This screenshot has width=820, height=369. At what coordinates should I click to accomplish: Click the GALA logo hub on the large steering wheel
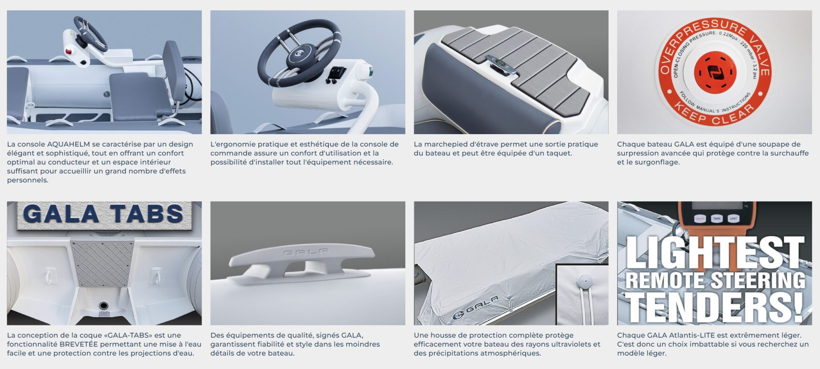(298, 56)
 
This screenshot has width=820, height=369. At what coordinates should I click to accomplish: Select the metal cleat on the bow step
(501, 64)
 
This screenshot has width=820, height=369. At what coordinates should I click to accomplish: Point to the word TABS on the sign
(146, 214)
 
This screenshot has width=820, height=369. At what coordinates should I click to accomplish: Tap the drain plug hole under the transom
(103, 306)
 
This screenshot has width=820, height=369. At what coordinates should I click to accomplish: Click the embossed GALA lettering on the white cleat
(306, 252)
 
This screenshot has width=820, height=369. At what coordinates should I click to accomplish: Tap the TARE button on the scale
(717, 218)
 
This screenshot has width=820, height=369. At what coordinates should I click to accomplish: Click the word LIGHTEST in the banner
(715, 253)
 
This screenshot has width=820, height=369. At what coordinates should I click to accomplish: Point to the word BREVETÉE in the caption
(79, 344)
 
